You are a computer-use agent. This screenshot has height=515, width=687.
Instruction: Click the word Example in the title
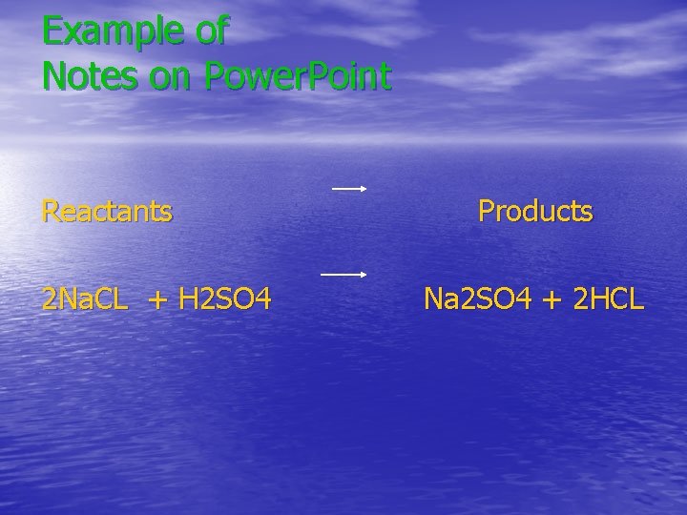tap(114, 31)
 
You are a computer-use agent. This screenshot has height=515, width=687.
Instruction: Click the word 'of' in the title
tap(211, 31)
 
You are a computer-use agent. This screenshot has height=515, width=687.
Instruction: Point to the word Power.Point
tap(296, 76)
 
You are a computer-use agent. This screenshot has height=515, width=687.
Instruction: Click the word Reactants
tap(107, 211)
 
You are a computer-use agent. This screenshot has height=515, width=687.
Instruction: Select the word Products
tap(535, 211)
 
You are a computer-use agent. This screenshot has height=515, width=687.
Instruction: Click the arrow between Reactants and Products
tap(349, 189)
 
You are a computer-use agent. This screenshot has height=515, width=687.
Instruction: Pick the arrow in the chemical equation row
tap(343, 275)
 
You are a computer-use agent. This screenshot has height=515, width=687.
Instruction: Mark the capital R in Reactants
tap(51, 211)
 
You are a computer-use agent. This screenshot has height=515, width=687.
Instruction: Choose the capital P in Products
tap(488, 211)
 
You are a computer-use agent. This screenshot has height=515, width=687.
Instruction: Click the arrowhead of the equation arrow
tap(364, 275)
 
